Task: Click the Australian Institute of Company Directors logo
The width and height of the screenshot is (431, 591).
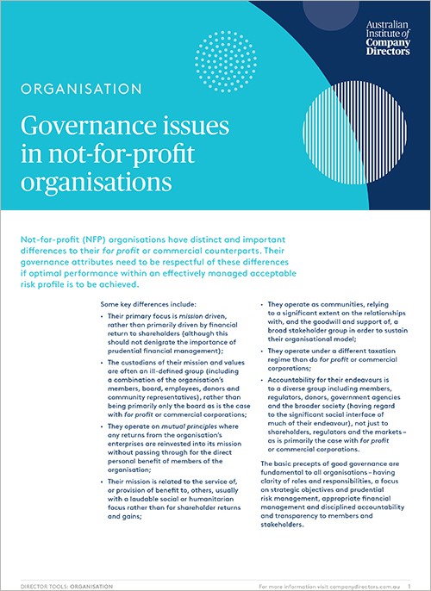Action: [388, 38]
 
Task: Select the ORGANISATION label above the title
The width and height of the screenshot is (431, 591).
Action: [81, 89]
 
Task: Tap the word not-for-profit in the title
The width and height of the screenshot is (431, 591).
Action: [122, 153]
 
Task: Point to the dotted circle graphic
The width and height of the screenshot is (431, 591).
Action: [226, 61]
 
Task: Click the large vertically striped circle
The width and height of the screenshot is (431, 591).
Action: [355, 133]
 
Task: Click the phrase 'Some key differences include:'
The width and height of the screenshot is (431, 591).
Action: [148, 304]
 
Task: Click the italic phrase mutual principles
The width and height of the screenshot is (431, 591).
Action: [190, 426]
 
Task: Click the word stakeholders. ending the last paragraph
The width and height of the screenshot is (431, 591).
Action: [282, 525]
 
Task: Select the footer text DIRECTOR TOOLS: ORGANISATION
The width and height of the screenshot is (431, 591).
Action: [66, 587]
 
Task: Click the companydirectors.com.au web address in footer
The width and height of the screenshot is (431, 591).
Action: [365, 587]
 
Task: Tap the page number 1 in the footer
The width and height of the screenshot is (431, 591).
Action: [409, 587]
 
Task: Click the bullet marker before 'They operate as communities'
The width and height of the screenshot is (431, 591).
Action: [262, 305]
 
